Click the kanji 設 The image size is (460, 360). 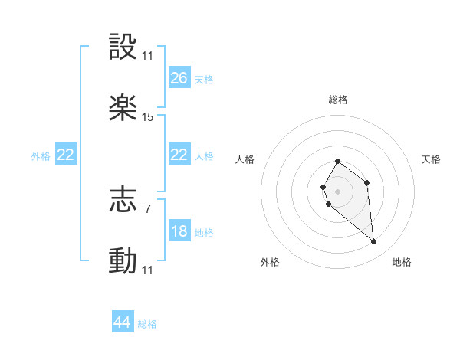pos(123,47)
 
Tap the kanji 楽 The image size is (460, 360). pos(123,108)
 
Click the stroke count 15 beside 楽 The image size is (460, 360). pos(148,117)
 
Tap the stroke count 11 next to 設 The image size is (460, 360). pos(148,56)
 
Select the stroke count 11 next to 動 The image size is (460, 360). pos(148,270)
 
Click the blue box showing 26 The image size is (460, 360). pos(179,78)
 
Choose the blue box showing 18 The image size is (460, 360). pos(179,232)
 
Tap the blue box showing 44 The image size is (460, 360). pos(123,322)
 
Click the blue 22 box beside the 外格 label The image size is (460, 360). pos(66,155)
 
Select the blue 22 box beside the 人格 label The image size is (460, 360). pos(179,155)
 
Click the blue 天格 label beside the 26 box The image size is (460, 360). pos(204,80)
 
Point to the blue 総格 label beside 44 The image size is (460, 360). pos(147,324)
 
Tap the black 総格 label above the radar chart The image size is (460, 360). pos(338,100)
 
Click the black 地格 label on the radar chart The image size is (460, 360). pos(402,262)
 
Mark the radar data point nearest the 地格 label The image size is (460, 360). pos(373,242)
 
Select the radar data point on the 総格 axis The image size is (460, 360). pos(338,162)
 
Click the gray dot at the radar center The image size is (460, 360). pos(337,190)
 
